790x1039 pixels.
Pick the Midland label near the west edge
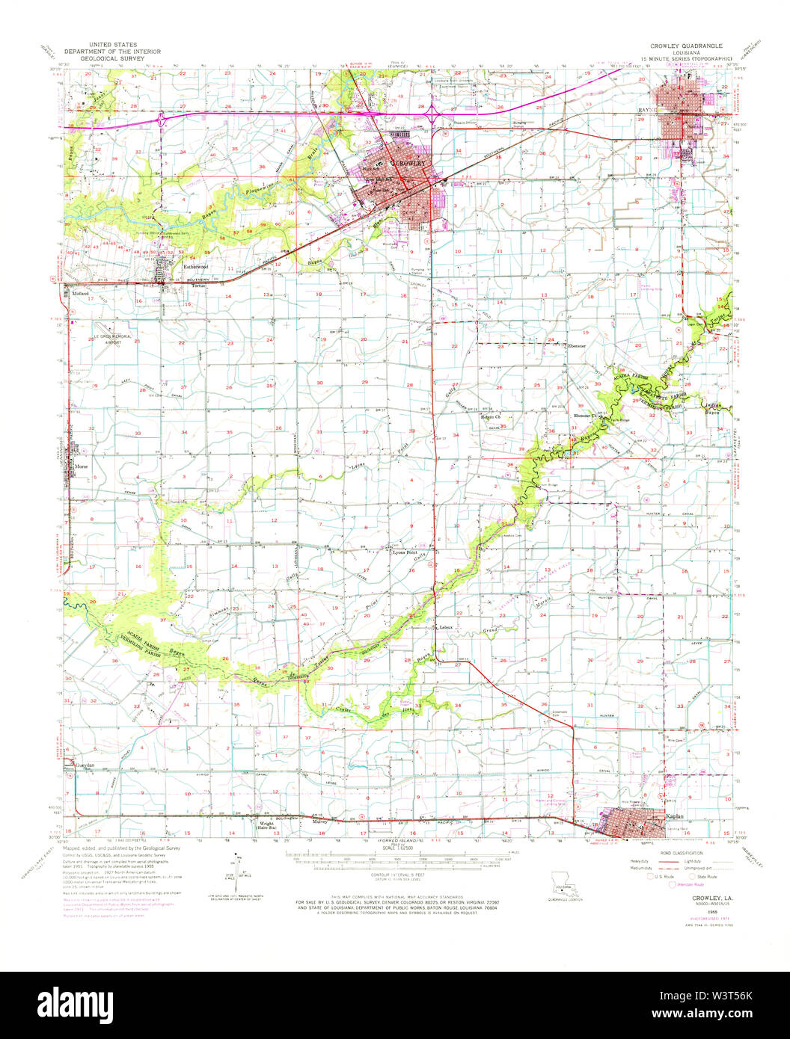[x=80, y=295]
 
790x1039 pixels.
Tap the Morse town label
[x=81, y=467]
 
